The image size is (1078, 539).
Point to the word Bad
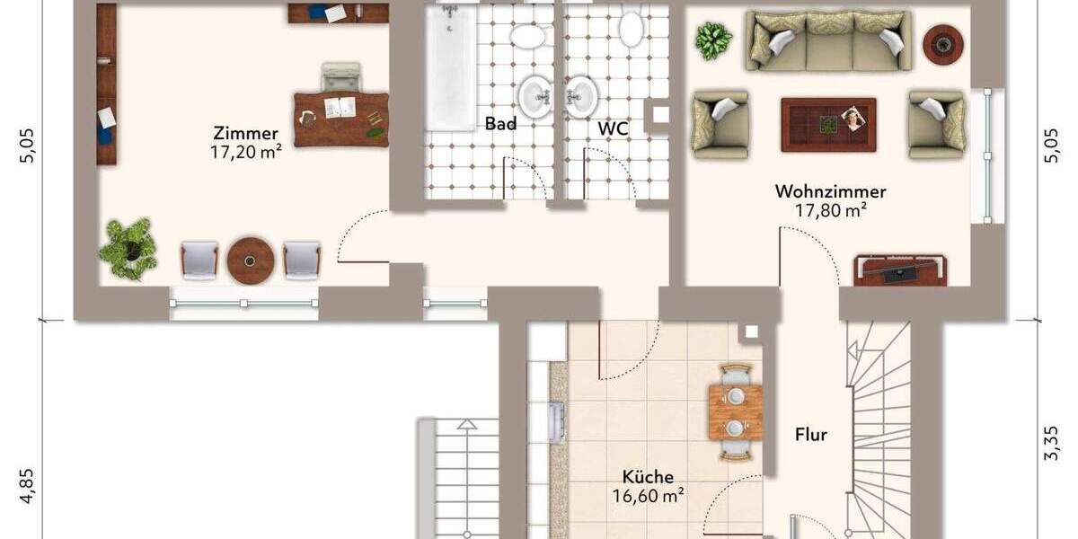point(500,124)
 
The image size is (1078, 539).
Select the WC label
point(613,128)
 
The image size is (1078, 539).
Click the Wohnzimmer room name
point(830,191)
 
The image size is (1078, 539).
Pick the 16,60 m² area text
point(649,495)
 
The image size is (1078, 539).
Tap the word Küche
point(649,477)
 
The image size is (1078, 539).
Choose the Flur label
point(810,436)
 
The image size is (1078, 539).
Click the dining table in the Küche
point(735,411)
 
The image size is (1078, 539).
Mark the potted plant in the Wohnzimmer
point(713,40)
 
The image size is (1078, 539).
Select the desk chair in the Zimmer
point(341,77)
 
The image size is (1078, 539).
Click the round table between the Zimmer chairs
point(250,260)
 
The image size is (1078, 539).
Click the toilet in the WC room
point(631,27)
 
